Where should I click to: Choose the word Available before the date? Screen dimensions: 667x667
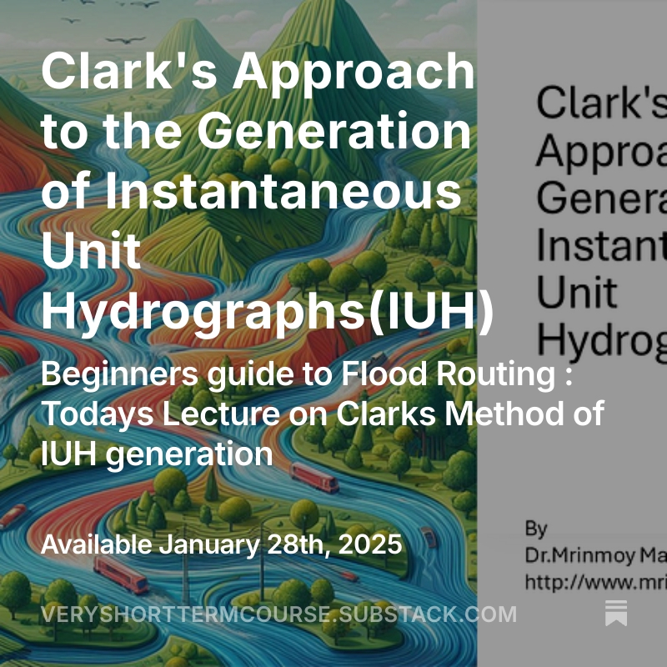click(x=97, y=545)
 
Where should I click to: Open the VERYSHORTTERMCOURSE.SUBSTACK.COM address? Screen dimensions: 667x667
click(x=278, y=615)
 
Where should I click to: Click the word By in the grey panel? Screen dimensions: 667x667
click(x=536, y=528)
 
